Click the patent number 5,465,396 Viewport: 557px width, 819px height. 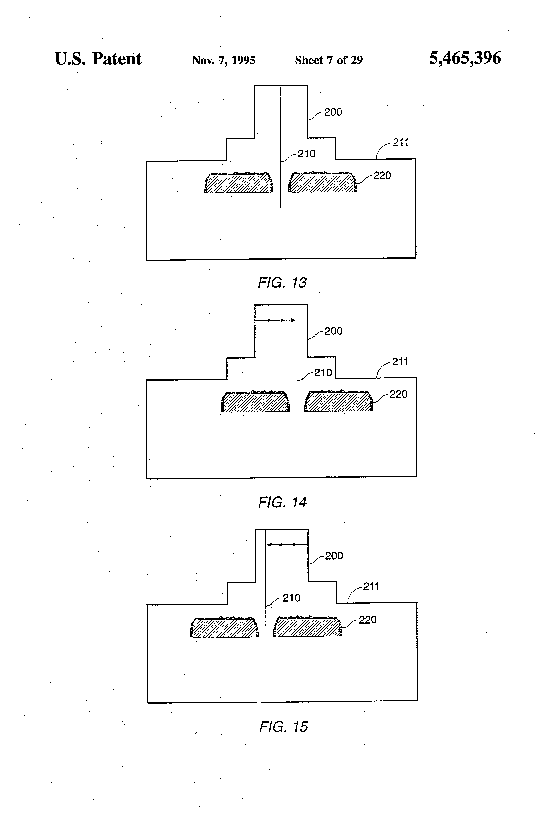(x=465, y=58)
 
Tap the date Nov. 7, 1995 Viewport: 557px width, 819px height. (x=224, y=60)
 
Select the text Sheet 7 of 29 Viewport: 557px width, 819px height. (x=329, y=60)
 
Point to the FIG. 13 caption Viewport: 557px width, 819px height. (x=282, y=283)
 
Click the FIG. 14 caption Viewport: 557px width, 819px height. (x=283, y=502)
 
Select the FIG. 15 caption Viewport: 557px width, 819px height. (x=284, y=727)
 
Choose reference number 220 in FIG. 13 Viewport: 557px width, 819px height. (x=382, y=175)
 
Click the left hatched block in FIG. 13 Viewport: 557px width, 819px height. (x=239, y=183)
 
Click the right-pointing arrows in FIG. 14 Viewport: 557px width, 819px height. (x=275, y=320)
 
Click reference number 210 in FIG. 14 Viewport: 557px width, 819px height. (x=323, y=372)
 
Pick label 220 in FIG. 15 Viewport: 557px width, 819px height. (x=368, y=620)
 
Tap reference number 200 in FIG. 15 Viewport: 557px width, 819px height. (x=334, y=556)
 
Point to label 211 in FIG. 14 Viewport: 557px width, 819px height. (x=400, y=362)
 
